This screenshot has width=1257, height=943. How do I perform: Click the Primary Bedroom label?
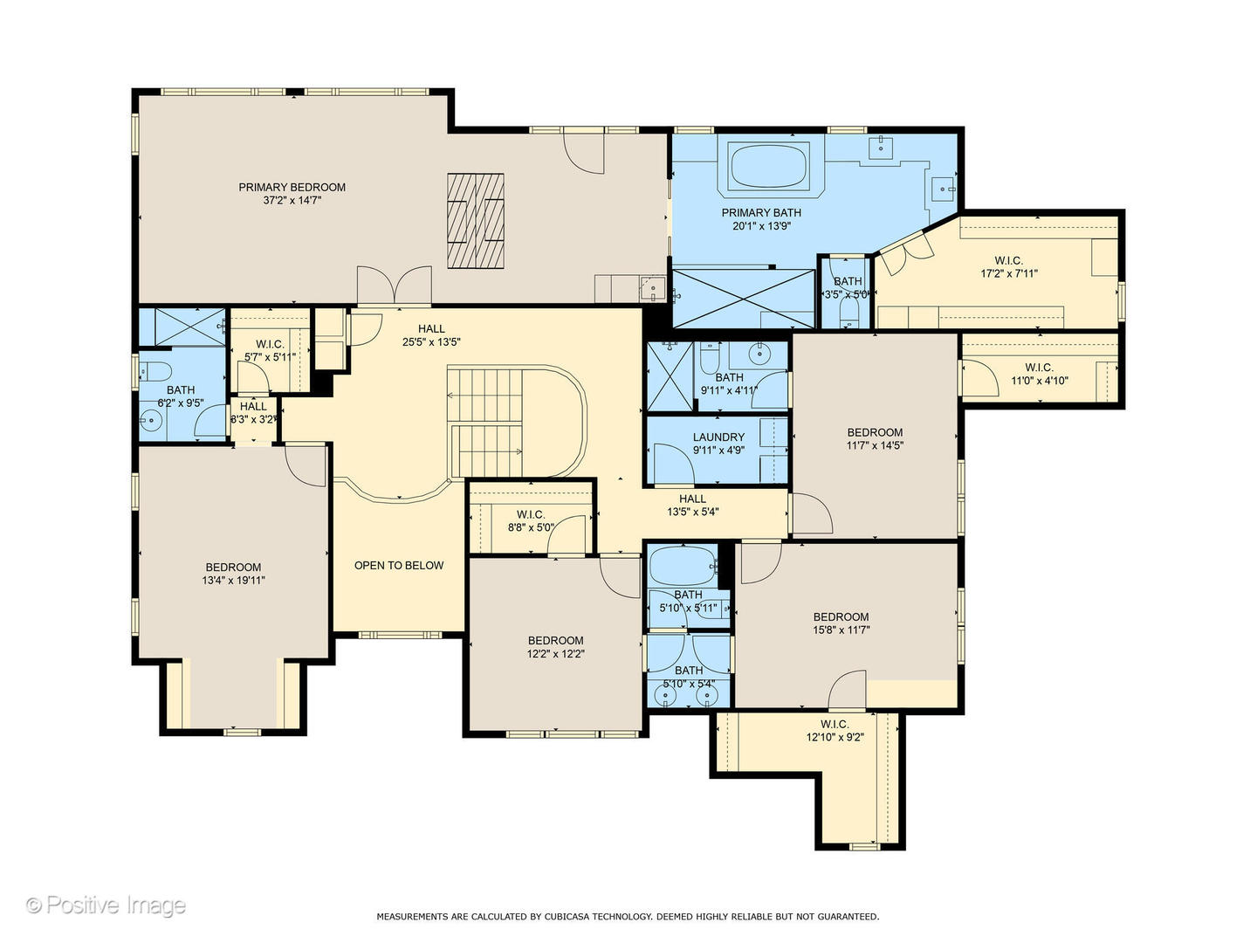[292, 187]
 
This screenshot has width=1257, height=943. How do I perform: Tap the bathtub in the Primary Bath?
[769, 166]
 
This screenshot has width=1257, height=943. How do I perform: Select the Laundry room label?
[718, 437]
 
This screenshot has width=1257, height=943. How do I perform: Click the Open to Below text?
[399, 565]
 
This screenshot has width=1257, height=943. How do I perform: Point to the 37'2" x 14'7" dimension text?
[292, 201]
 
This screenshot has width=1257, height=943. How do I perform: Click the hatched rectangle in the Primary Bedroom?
[476, 221]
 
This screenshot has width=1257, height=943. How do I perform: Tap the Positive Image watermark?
[106, 905]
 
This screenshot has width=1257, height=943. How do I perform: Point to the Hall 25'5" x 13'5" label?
[431, 335]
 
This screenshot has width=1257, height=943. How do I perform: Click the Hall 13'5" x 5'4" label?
[692, 505]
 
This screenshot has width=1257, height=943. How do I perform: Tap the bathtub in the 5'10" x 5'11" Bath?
[683, 565]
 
